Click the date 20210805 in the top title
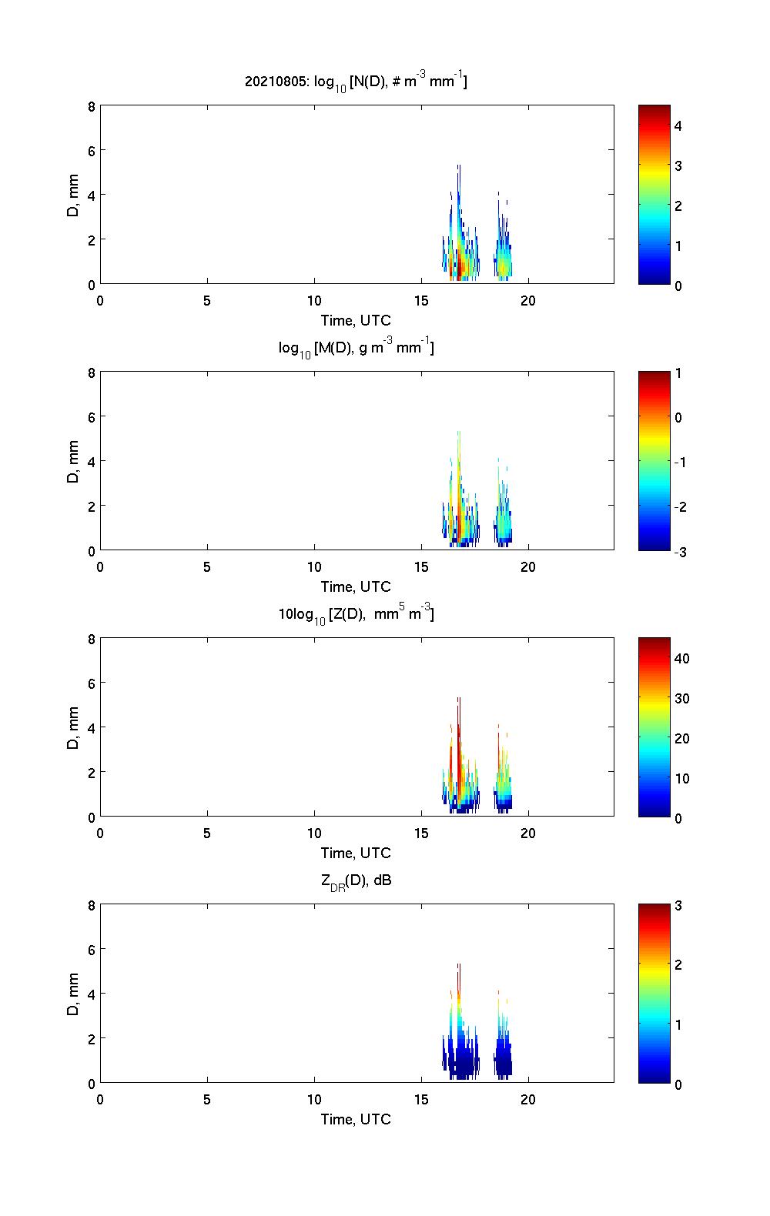tap(275, 81)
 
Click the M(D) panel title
tap(356, 348)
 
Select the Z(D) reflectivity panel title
tap(356, 614)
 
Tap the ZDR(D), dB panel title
tap(356, 880)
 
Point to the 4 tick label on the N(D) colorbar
tap(678, 125)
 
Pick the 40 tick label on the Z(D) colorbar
tap(681, 659)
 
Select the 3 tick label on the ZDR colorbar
tap(678, 906)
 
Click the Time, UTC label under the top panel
tap(356, 320)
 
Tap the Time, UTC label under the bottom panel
tap(356, 1119)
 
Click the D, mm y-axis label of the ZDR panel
tap(73, 994)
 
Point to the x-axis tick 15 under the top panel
tap(421, 301)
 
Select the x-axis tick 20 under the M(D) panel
tap(528, 567)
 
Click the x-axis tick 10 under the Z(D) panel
tap(314, 833)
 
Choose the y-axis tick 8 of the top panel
tap(91, 107)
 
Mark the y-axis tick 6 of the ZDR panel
tap(91, 950)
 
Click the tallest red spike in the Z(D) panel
tap(458, 739)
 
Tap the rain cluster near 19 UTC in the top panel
tap(504, 258)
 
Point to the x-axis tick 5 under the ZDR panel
tap(207, 1100)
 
